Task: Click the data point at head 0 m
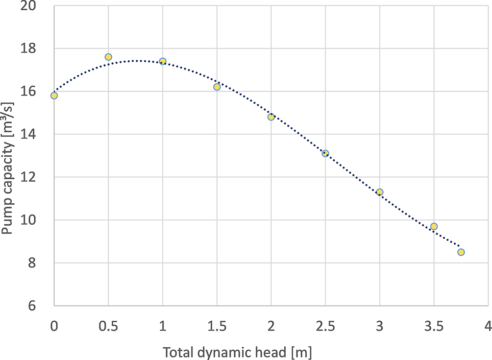coord(54,96)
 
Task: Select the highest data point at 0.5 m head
coord(108,57)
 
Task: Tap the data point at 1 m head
coord(163,61)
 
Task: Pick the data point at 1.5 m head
coord(217,87)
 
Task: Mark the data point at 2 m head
coord(271,117)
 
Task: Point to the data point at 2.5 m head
coord(325,153)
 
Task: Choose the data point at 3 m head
coord(379,192)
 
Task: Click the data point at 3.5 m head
coord(434,226)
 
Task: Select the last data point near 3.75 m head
coord(461,252)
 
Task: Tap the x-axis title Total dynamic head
coord(237,352)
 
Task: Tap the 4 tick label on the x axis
coord(488,326)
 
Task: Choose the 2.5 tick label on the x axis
coord(325,326)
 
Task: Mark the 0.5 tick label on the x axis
coord(108,326)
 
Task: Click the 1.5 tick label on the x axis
coord(217,326)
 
